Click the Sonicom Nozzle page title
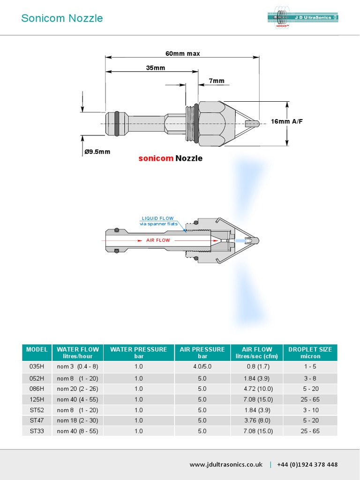[x=62, y=18]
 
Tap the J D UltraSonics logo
[x=303, y=18]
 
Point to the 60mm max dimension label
[x=182, y=53]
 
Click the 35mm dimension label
[x=156, y=67]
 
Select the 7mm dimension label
[x=216, y=81]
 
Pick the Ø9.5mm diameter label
[x=97, y=151]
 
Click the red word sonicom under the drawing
[x=156, y=158]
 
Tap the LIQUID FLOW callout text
[x=157, y=218]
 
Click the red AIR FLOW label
[x=158, y=240]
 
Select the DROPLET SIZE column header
[x=310, y=349]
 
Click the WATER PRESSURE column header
[x=138, y=349]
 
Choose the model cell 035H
[x=37, y=366]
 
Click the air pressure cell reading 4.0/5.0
[x=202, y=366]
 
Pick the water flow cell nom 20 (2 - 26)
[x=77, y=389]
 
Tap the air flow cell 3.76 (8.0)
[x=256, y=420]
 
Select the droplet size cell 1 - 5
[x=310, y=366]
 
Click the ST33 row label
[x=37, y=431]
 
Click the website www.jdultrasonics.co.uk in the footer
[x=225, y=465]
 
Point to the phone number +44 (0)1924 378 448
[x=307, y=465]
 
